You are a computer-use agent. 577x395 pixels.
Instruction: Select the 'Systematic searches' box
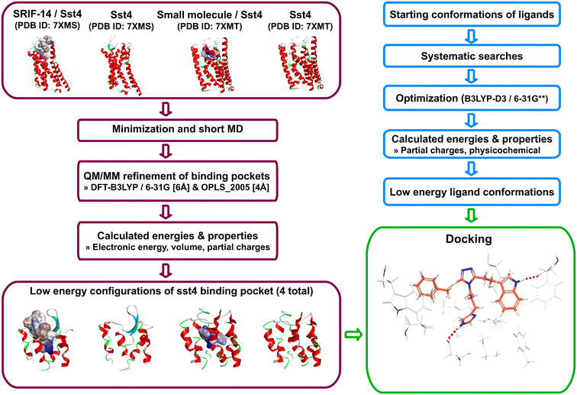(x=473, y=57)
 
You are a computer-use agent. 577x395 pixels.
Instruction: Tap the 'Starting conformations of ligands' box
(x=473, y=15)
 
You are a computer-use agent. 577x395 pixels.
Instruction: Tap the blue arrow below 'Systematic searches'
(x=473, y=77)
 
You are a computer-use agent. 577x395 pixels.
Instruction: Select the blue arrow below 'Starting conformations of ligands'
(x=473, y=36)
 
